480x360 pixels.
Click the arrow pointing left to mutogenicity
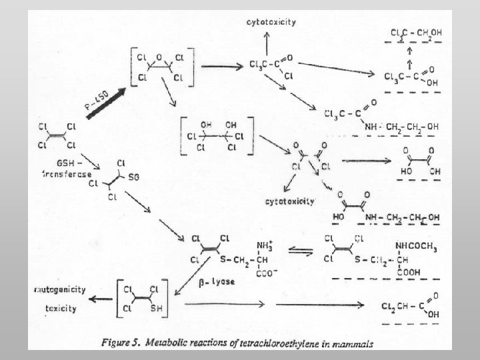[102, 300]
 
